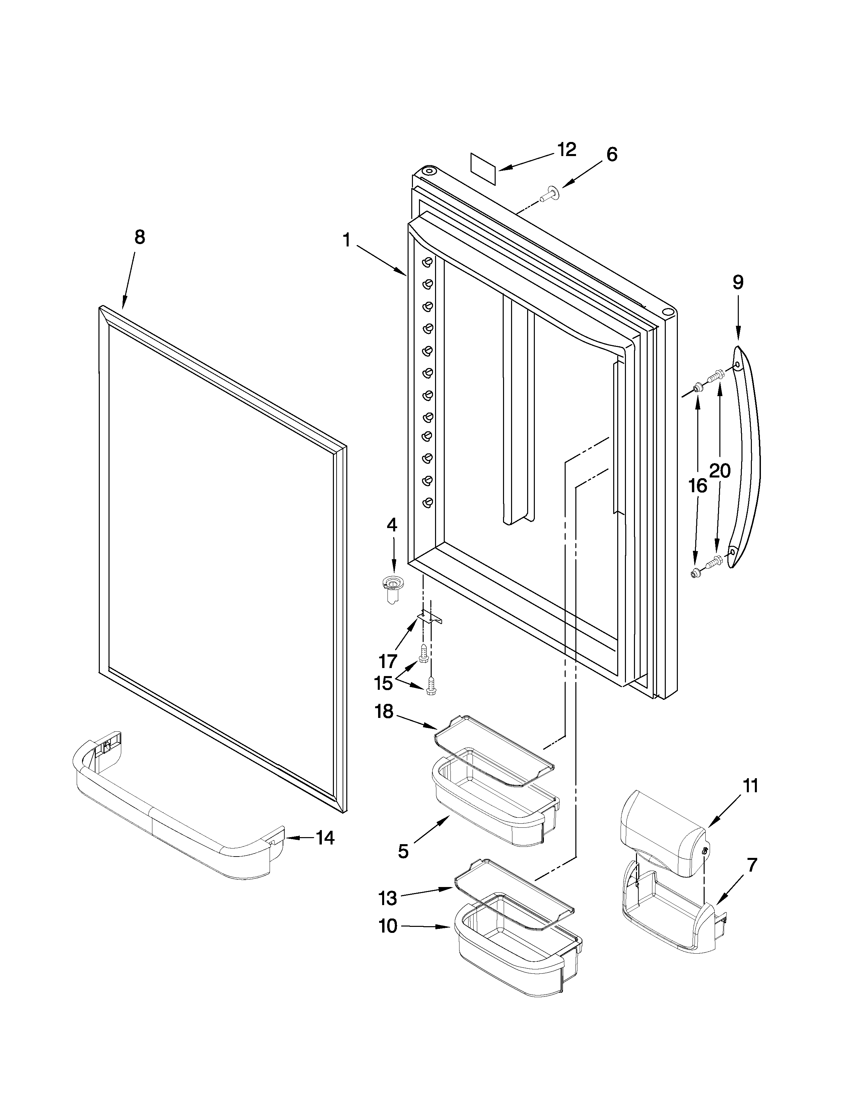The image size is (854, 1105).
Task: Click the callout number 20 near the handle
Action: [x=719, y=471]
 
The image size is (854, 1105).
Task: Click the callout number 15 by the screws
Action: [x=383, y=683]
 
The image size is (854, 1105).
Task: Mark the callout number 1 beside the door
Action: [x=347, y=239]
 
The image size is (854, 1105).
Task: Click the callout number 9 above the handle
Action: [x=738, y=282]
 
